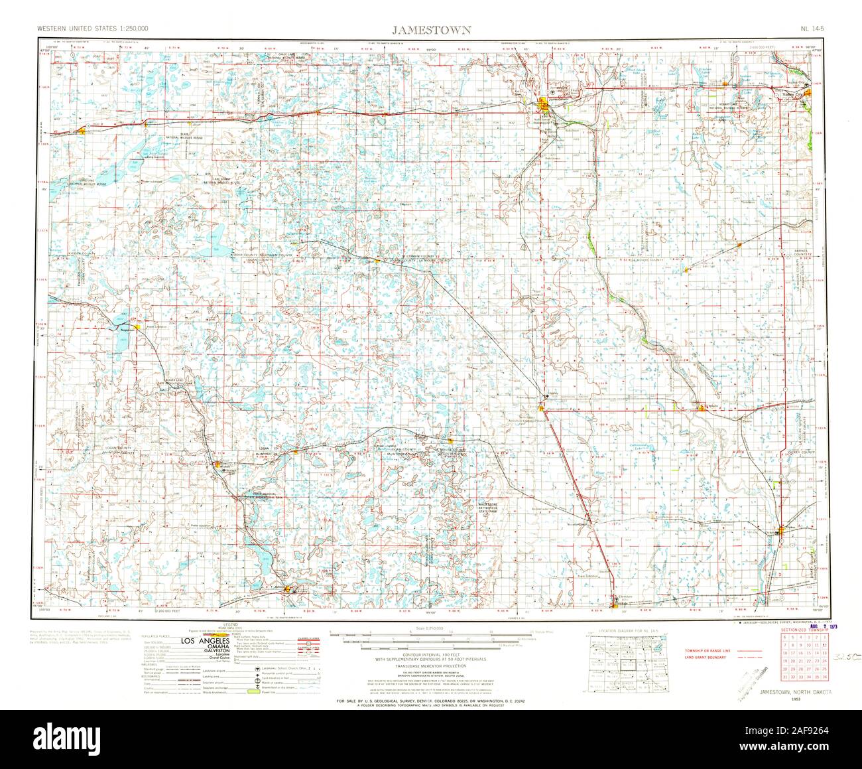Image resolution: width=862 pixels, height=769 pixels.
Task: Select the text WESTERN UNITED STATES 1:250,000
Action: click(93, 30)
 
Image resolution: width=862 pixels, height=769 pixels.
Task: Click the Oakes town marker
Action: click(781, 531)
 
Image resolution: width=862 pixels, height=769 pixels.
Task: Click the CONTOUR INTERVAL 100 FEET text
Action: click(430, 654)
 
